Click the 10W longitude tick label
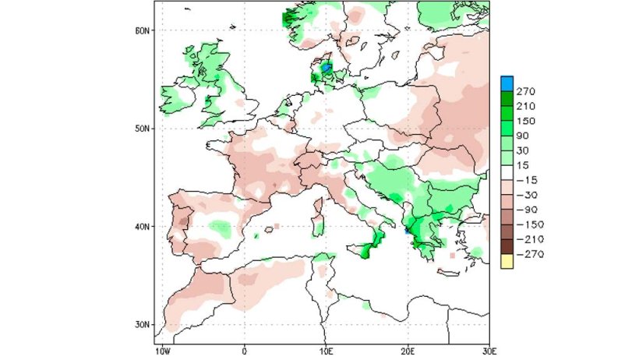pyautogui.click(x=164, y=351)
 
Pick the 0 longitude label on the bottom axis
pyautogui.click(x=245, y=351)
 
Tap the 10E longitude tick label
pyautogui.click(x=327, y=351)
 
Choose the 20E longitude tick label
pyautogui.click(x=408, y=351)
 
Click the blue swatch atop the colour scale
pyautogui.click(x=507, y=83)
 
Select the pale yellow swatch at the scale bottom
pyautogui.click(x=507, y=261)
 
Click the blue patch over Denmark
pyautogui.click(x=327, y=69)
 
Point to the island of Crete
pyautogui.click(x=451, y=272)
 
